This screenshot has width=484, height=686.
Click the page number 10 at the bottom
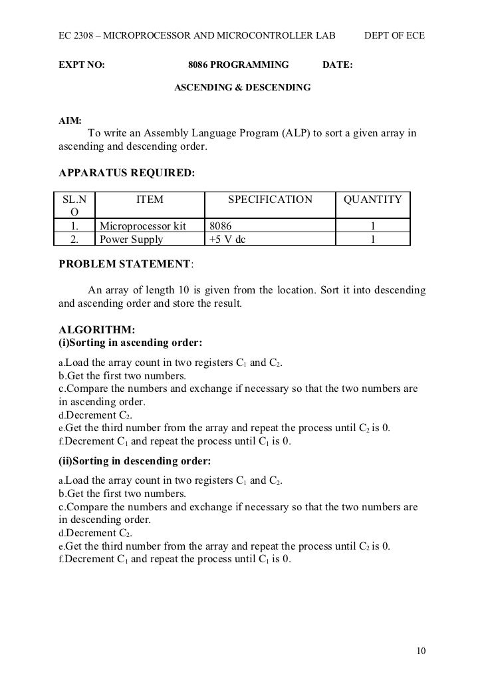click(420, 650)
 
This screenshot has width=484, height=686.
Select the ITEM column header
click(150, 199)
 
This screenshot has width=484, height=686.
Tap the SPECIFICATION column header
click(270, 199)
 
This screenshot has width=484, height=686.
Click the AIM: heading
click(70, 122)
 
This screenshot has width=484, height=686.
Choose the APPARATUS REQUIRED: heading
click(127, 172)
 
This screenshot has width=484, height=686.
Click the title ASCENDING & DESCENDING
click(242, 87)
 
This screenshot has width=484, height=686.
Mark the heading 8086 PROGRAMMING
click(239, 65)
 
